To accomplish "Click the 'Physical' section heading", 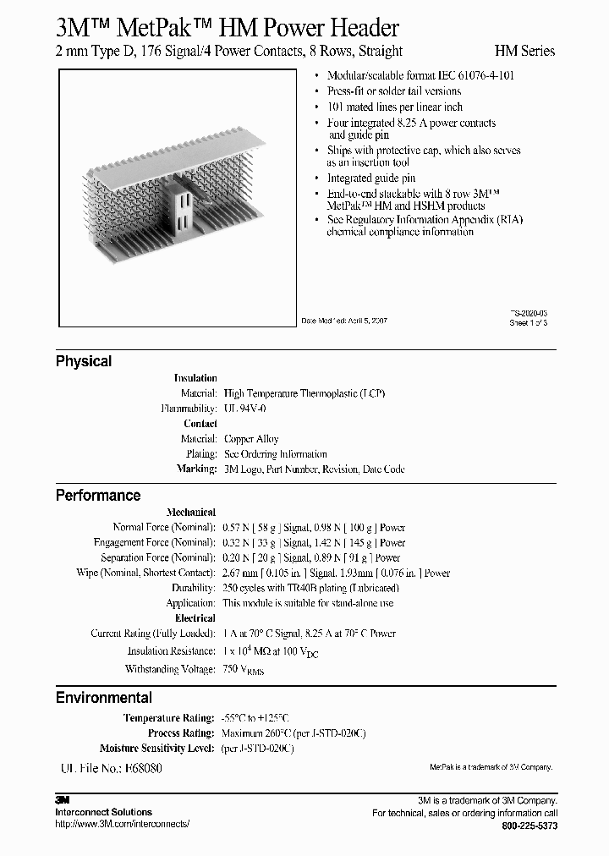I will (84, 361).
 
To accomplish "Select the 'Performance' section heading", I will (98, 496).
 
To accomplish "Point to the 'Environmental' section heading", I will (104, 698).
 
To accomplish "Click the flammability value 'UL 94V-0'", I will (244, 409).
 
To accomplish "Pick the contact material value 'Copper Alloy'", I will (251, 439).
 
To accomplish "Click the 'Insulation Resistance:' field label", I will (171, 651).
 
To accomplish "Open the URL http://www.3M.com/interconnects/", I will (123, 824).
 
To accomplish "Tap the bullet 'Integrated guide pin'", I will (371, 178).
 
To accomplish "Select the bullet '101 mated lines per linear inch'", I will (395, 107).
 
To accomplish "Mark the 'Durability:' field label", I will (194, 588).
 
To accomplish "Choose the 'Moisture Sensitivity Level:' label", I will (158, 749).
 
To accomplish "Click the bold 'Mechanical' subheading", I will (191, 512).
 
